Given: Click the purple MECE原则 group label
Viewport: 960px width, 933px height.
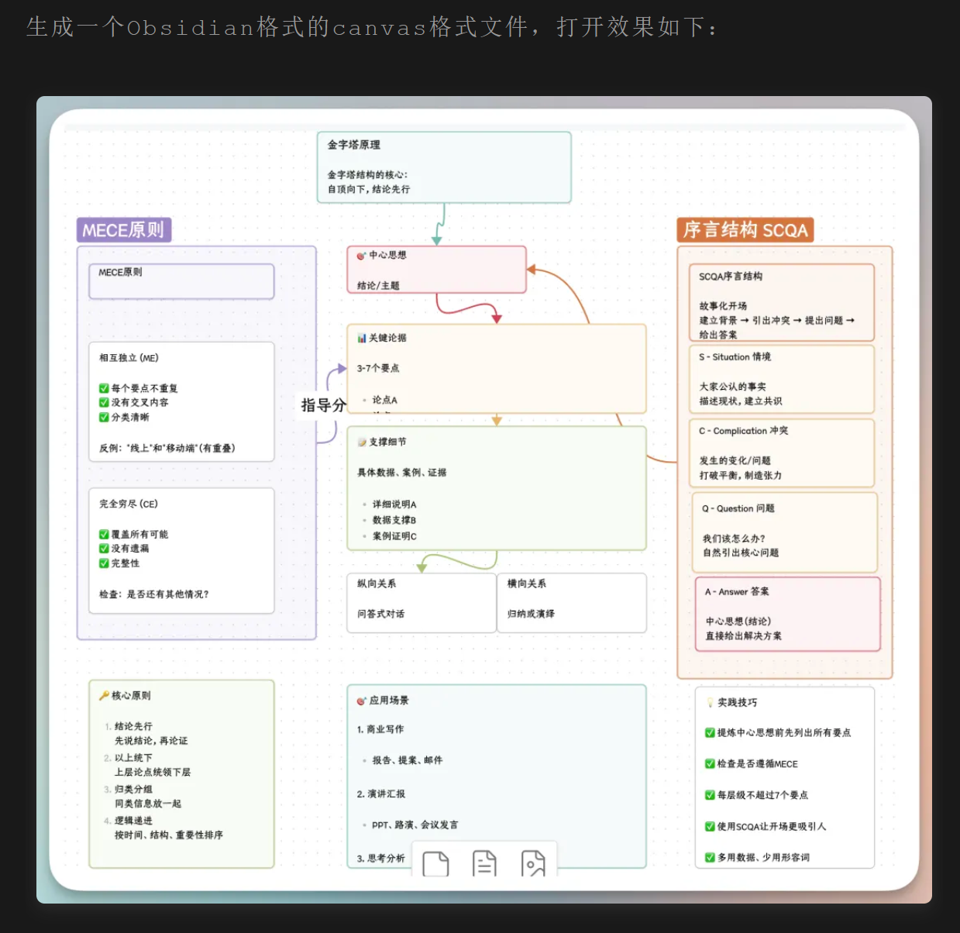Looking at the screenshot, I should pyautogui.click(x=123, y=230).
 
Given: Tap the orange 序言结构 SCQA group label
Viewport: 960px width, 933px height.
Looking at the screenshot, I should pyautogui.click(x=745, y=230).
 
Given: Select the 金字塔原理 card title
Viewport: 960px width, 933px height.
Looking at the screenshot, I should pyautogui.click(x=353, y=145).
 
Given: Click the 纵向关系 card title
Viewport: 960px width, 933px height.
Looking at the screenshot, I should pyautogui.click(x=377, y=584).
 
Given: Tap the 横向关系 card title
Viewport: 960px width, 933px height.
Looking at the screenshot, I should pyautogui.click(x=527, y=584).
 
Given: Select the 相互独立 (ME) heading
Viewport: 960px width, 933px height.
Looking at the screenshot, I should pyautogui.click(x=129, y=358).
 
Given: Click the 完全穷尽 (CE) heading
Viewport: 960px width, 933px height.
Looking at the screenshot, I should pyautogui.click(x=129, y=504).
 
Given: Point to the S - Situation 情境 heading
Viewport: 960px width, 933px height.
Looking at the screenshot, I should pyautogui.click(x=735, y=357).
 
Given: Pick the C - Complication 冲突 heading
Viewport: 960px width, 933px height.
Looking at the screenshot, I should pyautogui.click(x=743, y=431).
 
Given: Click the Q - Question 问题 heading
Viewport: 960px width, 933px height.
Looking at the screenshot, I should pyautogui.click(x=738, y=508).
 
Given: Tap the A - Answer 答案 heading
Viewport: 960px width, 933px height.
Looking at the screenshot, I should pyautogui.click(x=737, y=591).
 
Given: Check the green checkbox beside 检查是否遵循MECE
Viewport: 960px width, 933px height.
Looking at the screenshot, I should pyautogui.click(x=710, y=764).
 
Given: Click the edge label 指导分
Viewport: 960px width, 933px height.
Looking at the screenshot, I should pyautogui.click(x=323, y=405).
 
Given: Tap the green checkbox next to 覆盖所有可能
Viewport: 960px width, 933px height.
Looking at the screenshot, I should pyautogui.click(x=104, y=535).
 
